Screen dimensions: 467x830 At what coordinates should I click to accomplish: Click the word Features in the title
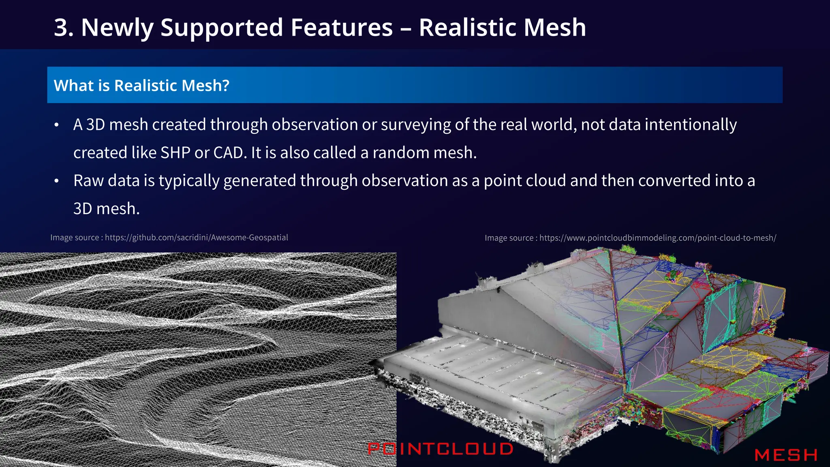pos(341,28)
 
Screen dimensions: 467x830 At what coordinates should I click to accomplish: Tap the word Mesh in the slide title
pos(554,28)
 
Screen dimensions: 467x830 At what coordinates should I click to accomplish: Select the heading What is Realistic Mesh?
pos(141,86)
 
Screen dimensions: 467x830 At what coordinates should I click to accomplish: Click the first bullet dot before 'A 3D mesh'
pos(57,125)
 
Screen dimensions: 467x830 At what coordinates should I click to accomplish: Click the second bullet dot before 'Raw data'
pos(57,181)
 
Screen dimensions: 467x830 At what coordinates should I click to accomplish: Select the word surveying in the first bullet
pos(415,125)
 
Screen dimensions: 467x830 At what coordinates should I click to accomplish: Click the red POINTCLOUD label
pos(440,449)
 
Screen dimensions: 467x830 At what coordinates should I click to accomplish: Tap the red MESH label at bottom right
pos(785,455)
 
